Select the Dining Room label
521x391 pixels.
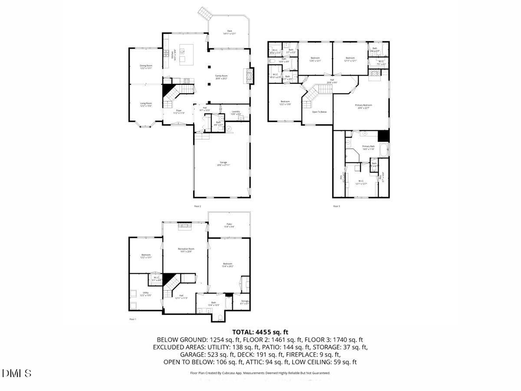146,66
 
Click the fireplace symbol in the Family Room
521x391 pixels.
249,76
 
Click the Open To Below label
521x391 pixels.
319,112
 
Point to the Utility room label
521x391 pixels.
146,294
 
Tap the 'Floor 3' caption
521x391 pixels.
336,206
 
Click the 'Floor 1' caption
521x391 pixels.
133,319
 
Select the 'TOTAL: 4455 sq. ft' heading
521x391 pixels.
260,332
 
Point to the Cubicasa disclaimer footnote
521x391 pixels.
260,373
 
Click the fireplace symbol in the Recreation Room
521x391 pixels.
184,225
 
